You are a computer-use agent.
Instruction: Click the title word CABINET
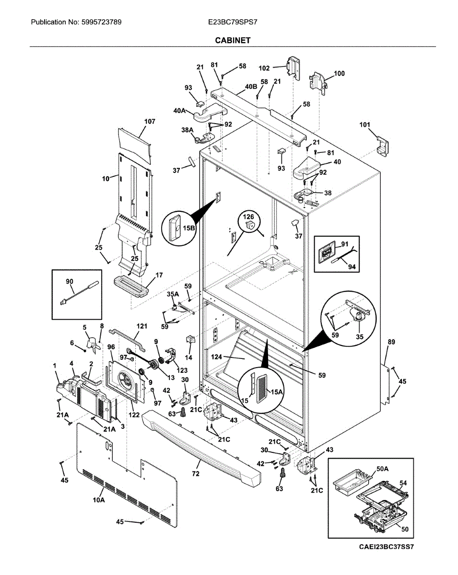tap(233, 40)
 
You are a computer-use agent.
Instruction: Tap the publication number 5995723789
tap(101, 22)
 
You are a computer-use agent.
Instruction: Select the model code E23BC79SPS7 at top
tap(233, 22)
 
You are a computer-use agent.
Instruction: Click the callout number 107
tap(150, 122)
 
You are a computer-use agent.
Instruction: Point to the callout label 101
tap(364, 125)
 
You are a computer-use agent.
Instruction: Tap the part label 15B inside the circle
tap(189, 228)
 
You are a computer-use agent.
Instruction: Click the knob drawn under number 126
tap(251, 225)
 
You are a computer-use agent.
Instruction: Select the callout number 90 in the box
tap(69, 281)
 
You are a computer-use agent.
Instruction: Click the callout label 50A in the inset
tap(382, 469)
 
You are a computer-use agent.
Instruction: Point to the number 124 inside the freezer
tap(216, 356)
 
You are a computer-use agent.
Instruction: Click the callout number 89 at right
tap(391, 342)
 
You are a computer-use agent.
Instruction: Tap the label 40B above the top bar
tap(251, 87)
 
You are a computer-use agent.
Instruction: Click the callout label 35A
tap(173, 294)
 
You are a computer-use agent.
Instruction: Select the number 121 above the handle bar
tap(142, 326)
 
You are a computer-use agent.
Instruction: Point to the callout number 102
tap(264, 69)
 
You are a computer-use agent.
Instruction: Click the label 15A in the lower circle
tap(277, 392)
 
